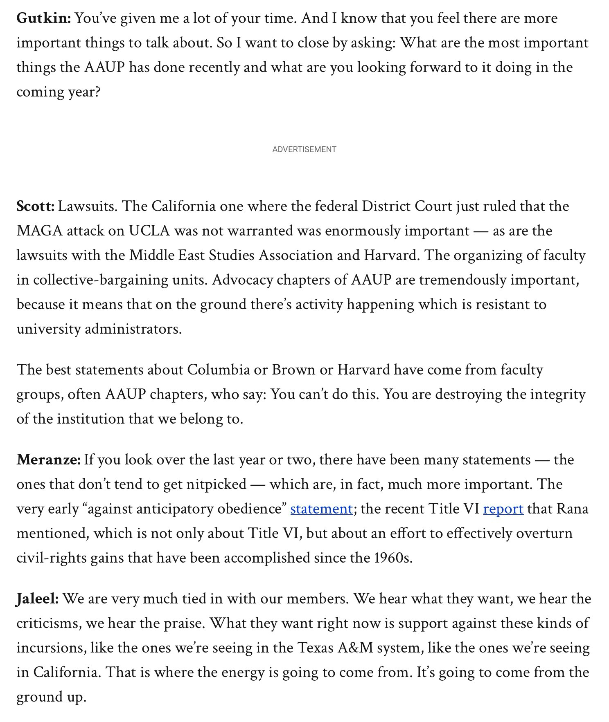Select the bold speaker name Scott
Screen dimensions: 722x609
pos(35,206)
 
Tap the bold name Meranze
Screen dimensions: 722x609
pos(48,460)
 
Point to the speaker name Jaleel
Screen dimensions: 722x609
pos(37,599)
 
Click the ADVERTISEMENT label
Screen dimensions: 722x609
pos(304,150)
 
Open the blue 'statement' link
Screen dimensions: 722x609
pos(321,509)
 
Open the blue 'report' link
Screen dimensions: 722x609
pos(503,509)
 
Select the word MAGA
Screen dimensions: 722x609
pos(39,231)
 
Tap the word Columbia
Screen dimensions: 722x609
pos(218,370)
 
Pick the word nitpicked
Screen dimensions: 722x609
pos(216,484)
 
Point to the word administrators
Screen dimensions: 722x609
pos(133,329)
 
